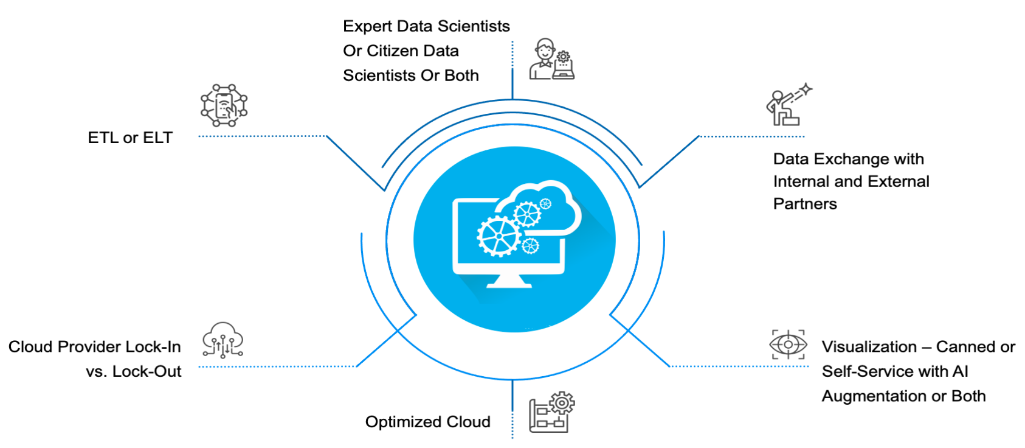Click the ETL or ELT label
click(130, 138)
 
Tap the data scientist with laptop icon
click(551, 60)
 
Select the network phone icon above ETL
click(224, 105)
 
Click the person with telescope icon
click(788, 105)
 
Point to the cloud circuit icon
click(223, 340)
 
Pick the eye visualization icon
click(789, 345)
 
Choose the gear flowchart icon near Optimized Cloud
click(551, 412)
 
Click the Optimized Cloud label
click(427, 422)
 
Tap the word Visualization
click(869, 347)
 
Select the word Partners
click(804, 204)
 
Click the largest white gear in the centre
click(499, 236)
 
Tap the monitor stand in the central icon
click(509, 281)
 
